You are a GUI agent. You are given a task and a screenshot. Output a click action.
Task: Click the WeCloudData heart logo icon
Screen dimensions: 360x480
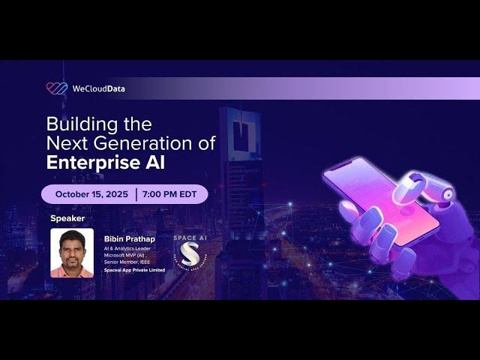[56, 88]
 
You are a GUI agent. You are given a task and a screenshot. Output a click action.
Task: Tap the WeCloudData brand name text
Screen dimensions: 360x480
[98, 88]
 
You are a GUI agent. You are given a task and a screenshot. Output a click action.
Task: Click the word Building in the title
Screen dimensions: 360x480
[77, 124]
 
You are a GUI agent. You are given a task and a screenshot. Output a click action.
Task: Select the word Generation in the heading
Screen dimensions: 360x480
[137, 142]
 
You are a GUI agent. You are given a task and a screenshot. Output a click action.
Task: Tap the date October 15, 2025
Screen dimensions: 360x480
[91, 193]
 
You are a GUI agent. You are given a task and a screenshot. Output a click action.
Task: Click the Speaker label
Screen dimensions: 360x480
[67, 218]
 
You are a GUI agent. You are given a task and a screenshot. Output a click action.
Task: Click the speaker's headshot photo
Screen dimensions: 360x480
[72, 253]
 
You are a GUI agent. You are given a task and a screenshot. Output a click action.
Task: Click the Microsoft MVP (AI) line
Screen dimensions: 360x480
[125, 254]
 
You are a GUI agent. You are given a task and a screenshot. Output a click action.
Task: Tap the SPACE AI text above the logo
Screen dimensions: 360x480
[190, 238]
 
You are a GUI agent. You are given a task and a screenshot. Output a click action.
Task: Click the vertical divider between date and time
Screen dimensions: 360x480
[136, 193]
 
